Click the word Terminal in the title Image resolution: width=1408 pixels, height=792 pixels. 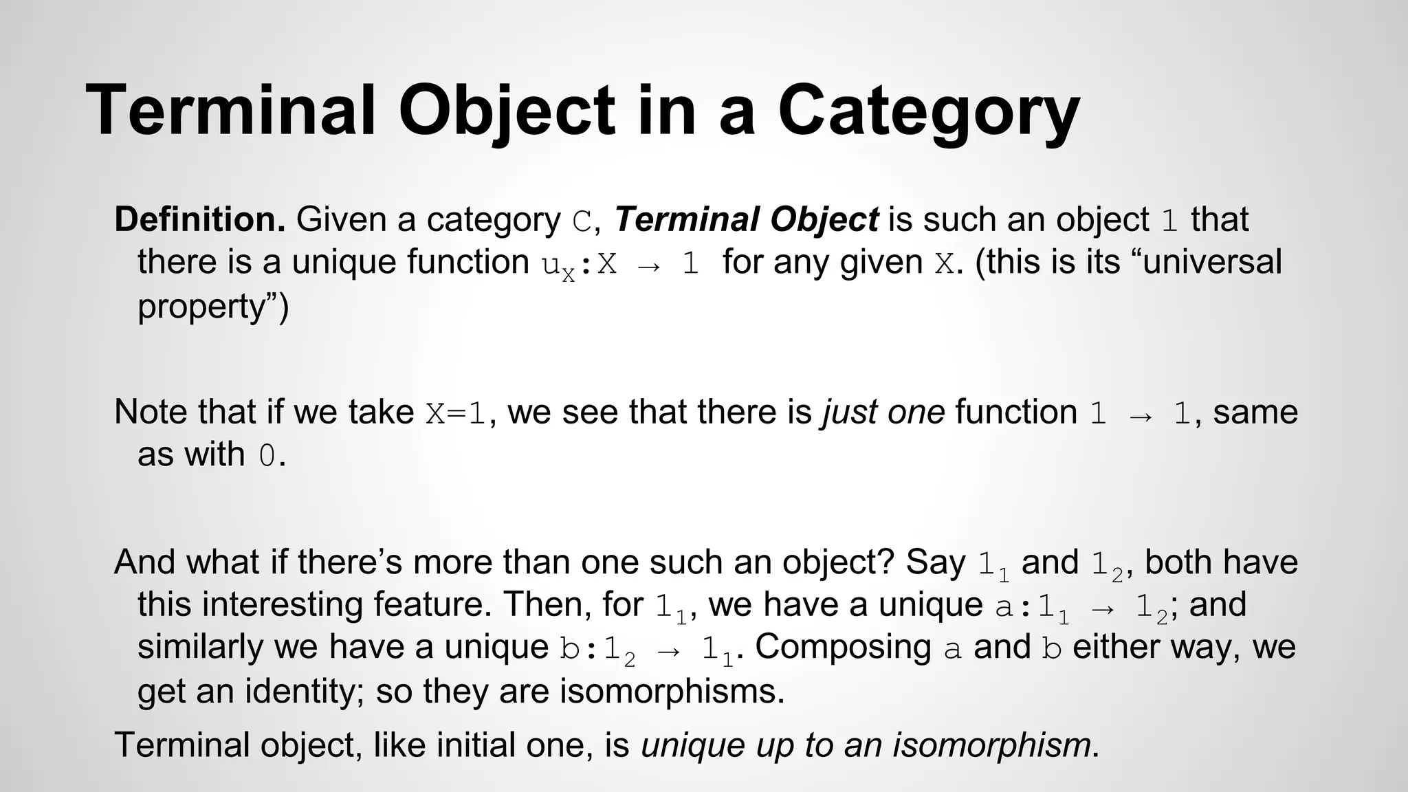tap(231, 111)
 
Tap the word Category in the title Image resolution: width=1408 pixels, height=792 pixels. tap(928, 111)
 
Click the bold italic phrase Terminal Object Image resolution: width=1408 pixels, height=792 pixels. tap(746, 220)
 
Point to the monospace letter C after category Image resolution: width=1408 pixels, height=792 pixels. tap(582, 221)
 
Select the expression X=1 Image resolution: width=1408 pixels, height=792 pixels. tap(456, 413)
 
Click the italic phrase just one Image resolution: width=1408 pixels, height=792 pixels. tap(883, 412)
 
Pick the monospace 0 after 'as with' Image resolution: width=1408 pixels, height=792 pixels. tap(267, 456)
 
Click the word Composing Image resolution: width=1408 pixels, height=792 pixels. tap(843, 648)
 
